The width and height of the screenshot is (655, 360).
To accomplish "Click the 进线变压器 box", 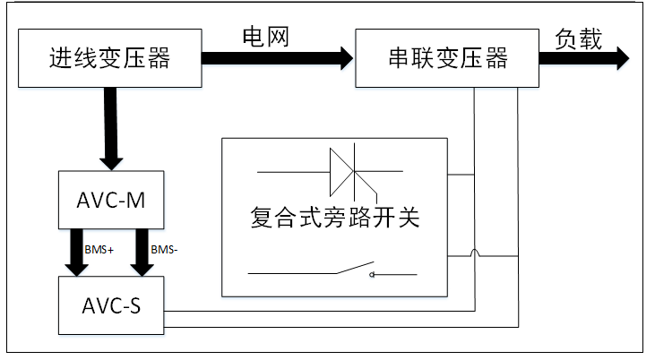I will tap(109, 59).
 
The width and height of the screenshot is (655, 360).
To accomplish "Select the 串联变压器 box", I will tap(446, 59).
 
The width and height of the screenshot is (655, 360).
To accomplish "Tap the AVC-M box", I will tap(109, 199).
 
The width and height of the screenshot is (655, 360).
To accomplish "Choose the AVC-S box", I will tap(109, 304).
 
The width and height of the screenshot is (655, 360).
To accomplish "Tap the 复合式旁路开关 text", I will tap(335, 218).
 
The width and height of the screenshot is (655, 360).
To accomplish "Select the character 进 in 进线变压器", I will tap(59, 59).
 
